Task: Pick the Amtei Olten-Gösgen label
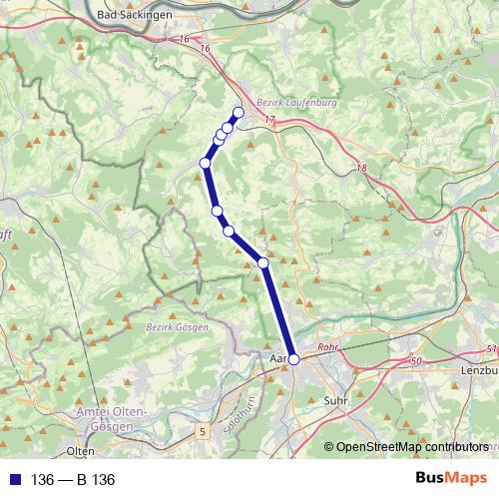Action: coord(112,419)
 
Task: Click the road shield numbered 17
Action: coord(269,120)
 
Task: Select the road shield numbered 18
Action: coord(360,168)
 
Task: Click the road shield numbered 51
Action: coord(490,348)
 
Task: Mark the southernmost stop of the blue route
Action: coord(293,358)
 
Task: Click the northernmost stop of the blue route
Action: coord(239,112)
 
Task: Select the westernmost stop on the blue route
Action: coord(205,163)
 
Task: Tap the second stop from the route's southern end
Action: coord(263,262)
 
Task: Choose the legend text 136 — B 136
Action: coord(74,480)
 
